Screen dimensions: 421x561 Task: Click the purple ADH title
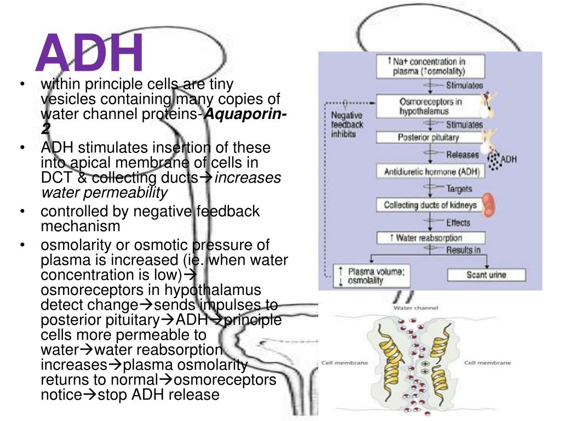[90, 53]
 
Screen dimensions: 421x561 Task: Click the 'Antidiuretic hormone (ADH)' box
[430, 172]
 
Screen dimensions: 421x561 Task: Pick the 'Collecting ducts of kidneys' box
[430, 206]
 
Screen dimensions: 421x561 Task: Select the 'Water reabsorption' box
[430, 238]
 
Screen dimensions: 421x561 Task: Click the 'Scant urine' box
[486, 275]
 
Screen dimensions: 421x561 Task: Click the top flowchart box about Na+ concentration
[430, 66]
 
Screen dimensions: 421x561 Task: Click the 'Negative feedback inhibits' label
[347, 124]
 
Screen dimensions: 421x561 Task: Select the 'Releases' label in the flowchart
[462, 155]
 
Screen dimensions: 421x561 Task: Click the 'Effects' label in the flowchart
[459, 223]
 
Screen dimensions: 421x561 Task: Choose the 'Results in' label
[463, 251]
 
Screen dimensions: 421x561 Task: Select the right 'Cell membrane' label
[488, 363]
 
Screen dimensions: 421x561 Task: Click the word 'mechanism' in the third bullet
[81, 226]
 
